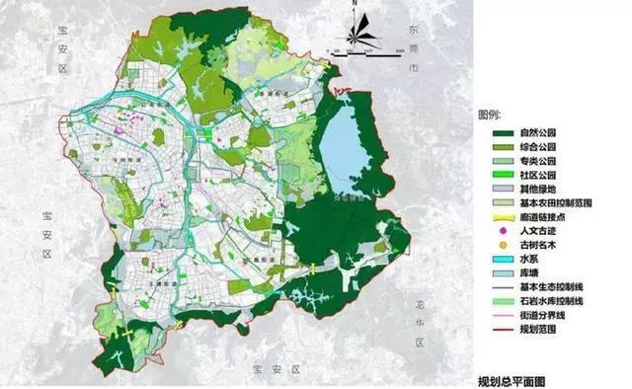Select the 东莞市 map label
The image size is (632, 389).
click(x=413, y=46)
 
